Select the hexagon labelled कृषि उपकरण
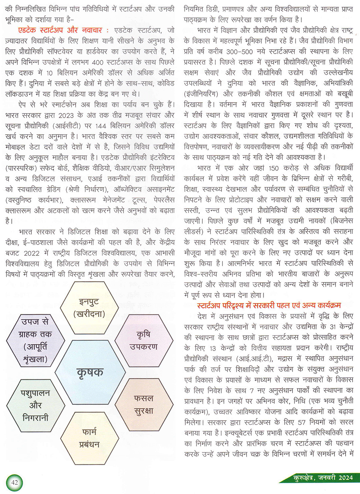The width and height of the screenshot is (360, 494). (x=144, y=340)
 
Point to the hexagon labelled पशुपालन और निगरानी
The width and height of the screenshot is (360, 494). (x=35, y=405)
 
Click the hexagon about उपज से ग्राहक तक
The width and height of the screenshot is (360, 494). (x=35, y=340)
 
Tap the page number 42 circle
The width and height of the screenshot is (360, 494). (x=14, y=482)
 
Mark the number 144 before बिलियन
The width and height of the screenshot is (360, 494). (x=101, y=126)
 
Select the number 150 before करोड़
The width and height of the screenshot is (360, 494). (x=274, y=168)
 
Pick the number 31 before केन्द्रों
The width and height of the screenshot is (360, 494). (x=333, y=327)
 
